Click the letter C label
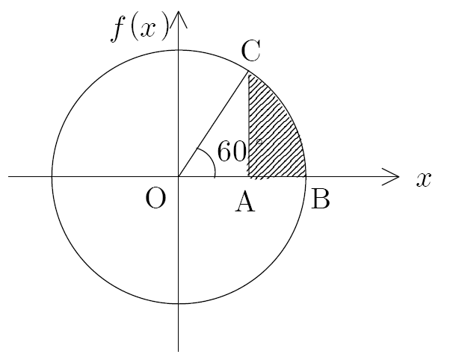251,51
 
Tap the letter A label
244,202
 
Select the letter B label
321,199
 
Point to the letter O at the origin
155,199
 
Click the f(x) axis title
140,26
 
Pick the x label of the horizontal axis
424,180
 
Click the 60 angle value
232,151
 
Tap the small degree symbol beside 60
259,141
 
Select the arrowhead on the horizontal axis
391,177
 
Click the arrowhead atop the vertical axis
179,19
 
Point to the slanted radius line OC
213,125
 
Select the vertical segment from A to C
248,125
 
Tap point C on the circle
248,72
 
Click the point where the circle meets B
306,177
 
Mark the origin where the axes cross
179,177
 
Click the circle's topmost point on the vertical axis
179,50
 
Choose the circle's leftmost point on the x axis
52,177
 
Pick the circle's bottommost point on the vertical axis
179,303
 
